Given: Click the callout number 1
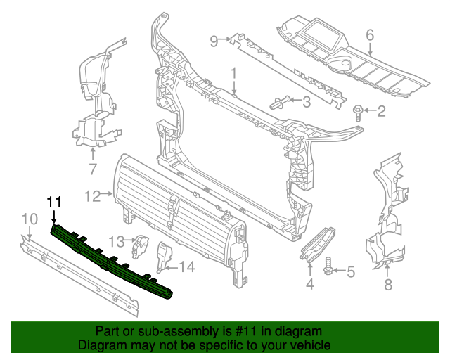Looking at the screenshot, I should (x=234, y=72).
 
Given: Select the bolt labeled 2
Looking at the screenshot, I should (x=359, y=110).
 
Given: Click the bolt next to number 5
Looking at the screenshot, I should (x=328, y=269).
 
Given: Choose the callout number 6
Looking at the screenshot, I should (x=369, y=33).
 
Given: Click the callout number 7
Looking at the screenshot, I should (x=92, y=168).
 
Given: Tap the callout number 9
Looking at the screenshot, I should (x=215, y=40).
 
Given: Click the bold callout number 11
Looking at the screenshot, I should (x=55, y=202).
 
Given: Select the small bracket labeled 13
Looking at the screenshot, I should (x=142, y=243).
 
